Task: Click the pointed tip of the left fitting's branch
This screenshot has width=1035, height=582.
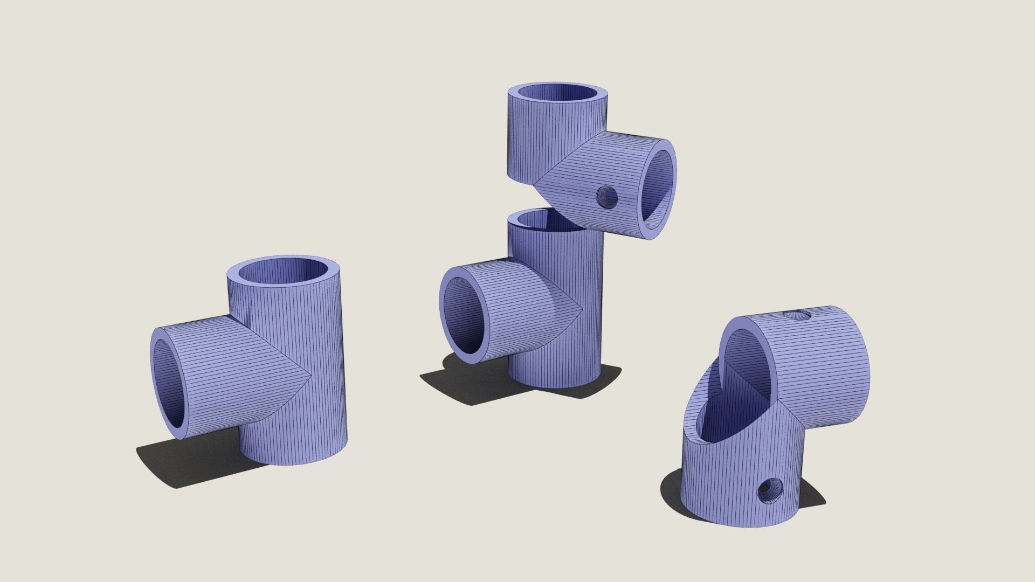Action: pyautogui.click(x=309, y=376)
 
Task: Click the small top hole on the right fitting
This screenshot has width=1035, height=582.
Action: pyautogui.click(x=797, y=315)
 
